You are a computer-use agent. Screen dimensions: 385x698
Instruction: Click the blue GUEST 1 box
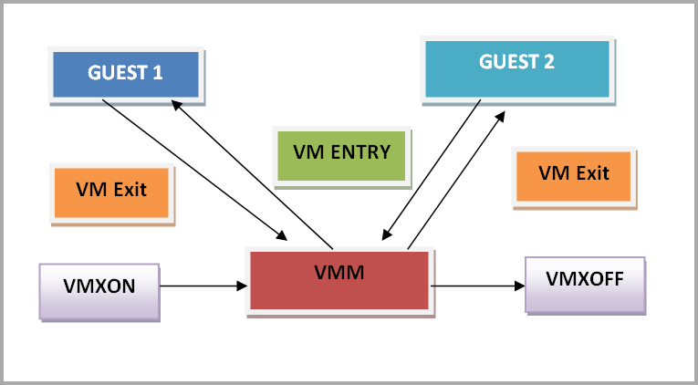click(124, 73)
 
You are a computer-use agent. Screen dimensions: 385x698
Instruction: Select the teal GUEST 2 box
click(516, 65)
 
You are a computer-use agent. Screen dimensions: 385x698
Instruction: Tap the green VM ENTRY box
click(342, 153)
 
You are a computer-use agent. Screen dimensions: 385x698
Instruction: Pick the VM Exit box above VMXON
click(112, 192)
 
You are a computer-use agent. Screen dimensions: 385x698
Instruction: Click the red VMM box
click(339, 277)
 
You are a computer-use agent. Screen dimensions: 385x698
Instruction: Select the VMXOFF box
click(585, 280)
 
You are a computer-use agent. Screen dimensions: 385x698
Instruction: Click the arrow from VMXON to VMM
click(204, 286)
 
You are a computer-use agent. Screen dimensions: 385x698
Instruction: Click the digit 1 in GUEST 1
click(158, 73)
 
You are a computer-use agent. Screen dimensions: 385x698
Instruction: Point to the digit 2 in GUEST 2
click(549, 63)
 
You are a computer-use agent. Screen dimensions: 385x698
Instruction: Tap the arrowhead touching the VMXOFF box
click(521, 286)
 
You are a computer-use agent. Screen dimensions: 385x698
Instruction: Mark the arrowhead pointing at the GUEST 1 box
click(177, 102)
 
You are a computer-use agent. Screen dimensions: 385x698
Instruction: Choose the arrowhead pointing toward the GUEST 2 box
click(500, 115)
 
